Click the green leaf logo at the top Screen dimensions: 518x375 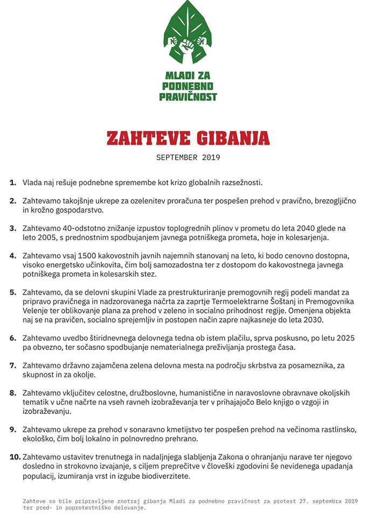tap(188, 33)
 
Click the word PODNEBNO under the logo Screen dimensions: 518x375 tap(188, 86)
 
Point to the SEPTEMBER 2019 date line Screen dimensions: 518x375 tap(188, 158)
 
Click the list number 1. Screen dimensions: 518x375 tap(13, 183)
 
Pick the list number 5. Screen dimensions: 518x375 tap(13, 292)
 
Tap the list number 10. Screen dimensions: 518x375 tap(15, 457)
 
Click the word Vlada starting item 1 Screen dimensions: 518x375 tap(33, 183)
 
